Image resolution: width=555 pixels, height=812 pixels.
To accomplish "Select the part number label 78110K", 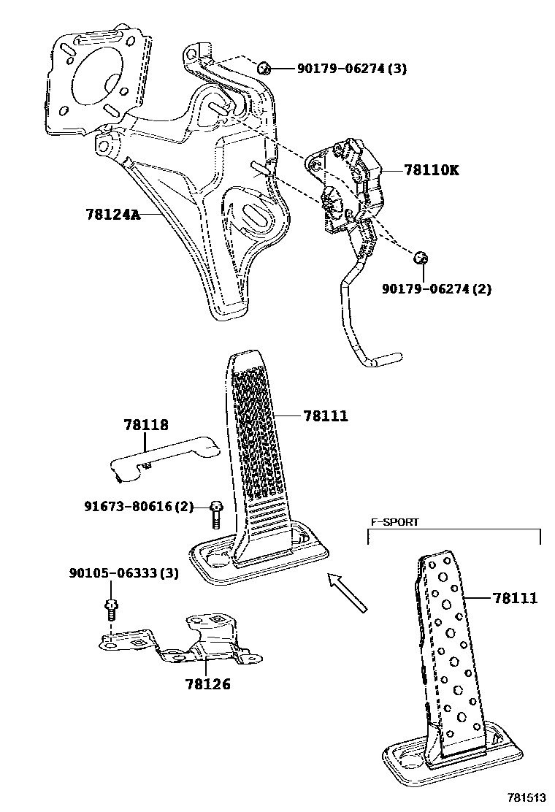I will coord(432,170).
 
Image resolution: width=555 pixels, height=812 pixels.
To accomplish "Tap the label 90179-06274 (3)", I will coord(351,69).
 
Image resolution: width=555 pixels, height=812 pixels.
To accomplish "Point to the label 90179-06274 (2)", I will coord(436,289).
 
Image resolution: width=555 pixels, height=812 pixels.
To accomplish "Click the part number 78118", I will coord(146,424).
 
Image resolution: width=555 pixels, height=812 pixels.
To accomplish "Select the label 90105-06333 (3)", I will coord(123,573).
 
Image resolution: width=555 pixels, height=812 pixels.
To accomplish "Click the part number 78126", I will coord(207,684).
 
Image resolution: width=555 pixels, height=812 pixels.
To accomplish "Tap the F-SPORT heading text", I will coord(394,522).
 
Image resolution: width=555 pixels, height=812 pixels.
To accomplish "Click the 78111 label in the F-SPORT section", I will coord(515,598).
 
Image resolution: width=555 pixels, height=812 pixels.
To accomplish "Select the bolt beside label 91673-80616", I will coord(215,514).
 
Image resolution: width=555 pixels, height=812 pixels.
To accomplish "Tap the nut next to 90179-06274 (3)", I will coord(265,69).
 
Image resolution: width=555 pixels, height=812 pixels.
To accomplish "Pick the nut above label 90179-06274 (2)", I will coord(419,258).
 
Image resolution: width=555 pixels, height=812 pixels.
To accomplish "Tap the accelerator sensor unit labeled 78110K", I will coord(347,183).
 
